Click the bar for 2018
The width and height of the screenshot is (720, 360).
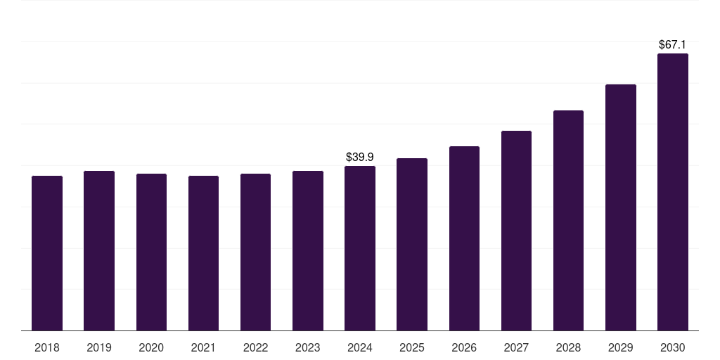[x=47, y=253]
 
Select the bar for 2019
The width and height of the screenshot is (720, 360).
[x=99, y=251]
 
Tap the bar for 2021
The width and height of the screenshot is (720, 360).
[x=203, y=253]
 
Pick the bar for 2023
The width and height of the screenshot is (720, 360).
[x=308, y=251]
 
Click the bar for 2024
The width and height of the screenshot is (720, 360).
[x=360, y=248]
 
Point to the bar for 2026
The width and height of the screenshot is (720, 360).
[x=464, y=238]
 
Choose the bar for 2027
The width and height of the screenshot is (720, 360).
[x=516, y=231]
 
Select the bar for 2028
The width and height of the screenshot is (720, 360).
[x=568, y=220]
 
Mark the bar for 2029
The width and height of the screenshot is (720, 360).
[x=621, y=207]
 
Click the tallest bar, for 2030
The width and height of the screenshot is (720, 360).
[x=673, y=192]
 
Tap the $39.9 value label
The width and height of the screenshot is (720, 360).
[x=359, y=157]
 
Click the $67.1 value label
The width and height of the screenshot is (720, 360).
[x=672, y=44]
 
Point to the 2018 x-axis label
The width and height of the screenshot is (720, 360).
[x=47, y=347]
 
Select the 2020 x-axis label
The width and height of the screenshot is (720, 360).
[x=151, y=347]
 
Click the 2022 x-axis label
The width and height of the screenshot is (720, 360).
[x=255, y=347]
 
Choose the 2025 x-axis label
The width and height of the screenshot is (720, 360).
[x=412, y=347]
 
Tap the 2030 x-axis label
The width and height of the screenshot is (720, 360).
[x=673, y=347]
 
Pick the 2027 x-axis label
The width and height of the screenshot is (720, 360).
[x=516, y=347]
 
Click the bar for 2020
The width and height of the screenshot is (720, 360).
[x=152, y=252]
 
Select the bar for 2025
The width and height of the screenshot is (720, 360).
[x=412, y=244]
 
